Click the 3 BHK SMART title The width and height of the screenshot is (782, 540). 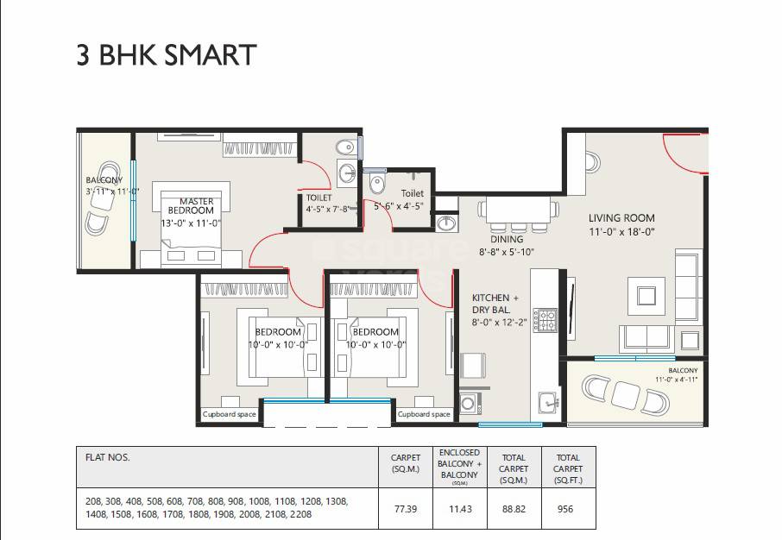tap(167, 55)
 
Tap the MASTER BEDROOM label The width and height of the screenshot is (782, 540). tap(191, 206)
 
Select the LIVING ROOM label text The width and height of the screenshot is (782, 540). tap(621, 218)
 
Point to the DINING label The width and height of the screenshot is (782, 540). tap(507, 240)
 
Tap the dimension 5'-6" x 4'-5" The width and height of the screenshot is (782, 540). tap(398, 206)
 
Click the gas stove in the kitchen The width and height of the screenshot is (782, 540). tap(544, 320)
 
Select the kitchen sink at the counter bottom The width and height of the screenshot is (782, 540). tap(547, 401)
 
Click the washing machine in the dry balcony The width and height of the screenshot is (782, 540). tap(470, 403)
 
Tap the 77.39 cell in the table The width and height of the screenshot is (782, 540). tap(405, 510)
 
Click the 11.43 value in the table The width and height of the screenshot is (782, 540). tap(460, 510)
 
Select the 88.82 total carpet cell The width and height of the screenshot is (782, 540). tap(514, 510)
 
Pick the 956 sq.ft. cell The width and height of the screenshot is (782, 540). tap(564, 510)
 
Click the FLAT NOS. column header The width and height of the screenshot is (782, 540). tap(108, 458)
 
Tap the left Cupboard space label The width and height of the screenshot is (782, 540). tap(229, 414)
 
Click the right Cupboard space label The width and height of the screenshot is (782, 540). tap(423, 414)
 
